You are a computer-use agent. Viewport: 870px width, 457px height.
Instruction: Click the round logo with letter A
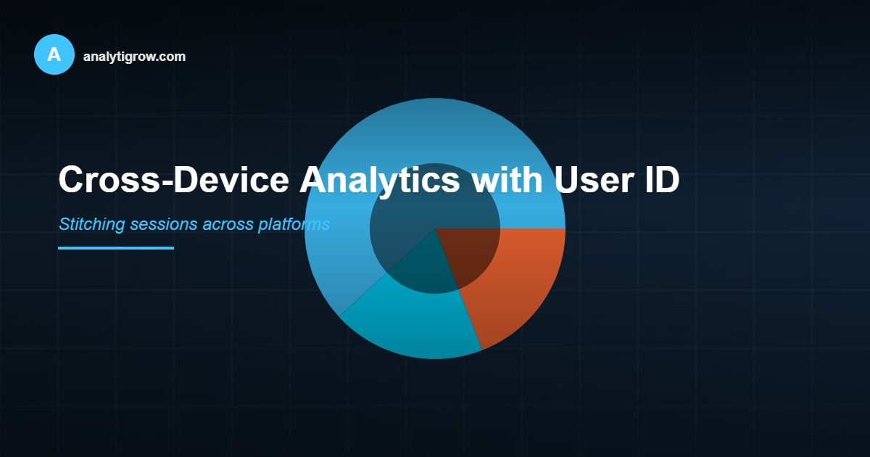pyautogui.click(x=54, y=54)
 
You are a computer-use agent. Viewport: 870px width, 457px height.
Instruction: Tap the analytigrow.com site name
pyautogui.click(x=134, y=56)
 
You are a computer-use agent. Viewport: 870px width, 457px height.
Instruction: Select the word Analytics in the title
pyautogui.click(x=378, y=179)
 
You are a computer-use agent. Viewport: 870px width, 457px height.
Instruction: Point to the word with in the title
pyautogui.click(x=506, y=179)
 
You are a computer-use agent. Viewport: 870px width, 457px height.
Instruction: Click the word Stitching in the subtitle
pyautogui.click(x=91, y=224)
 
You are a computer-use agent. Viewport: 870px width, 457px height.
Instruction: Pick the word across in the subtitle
pyautogui.click(x=228, y=224)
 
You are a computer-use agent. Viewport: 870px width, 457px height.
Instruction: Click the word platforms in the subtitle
pyautogui.click(x=294, y=224)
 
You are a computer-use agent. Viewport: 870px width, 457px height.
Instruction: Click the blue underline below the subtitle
pyautogui.click(x=116, y=248)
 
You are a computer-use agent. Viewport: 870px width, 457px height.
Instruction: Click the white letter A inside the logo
pyautogui.click(x=54, y=54)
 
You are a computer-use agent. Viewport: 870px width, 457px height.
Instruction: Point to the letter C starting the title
pyautogui.click(x=72, y=179)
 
